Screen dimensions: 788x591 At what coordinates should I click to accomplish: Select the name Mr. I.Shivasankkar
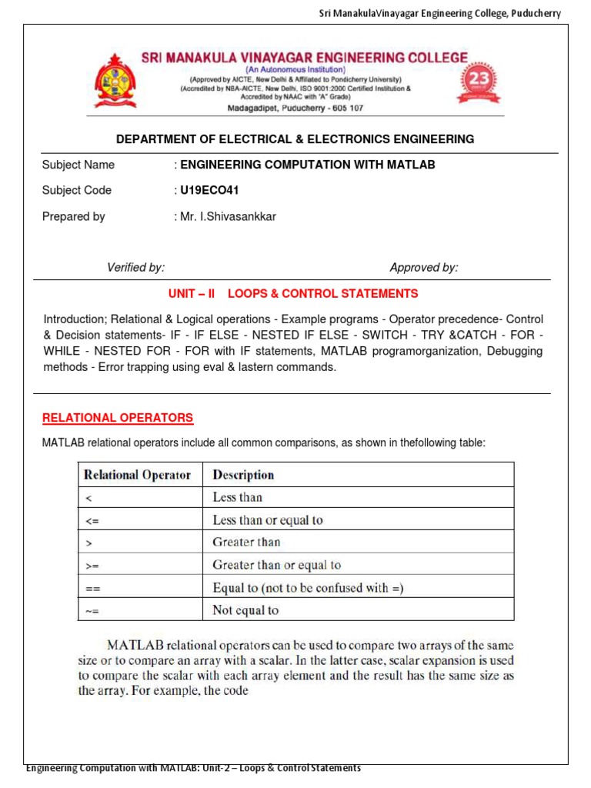(228, 217)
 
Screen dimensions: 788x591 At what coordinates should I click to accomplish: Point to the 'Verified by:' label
(135, 268)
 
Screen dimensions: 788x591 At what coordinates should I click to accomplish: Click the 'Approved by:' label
(423, 268)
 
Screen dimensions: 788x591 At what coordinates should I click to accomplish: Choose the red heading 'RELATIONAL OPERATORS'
(118, 418)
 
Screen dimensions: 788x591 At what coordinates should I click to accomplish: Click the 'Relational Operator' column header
(137, 475)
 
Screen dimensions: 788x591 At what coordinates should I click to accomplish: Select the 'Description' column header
(243, 475)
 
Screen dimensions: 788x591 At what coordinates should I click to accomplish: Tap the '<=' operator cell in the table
(92, 520)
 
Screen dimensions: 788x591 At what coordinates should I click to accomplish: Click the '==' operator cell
(92, 589)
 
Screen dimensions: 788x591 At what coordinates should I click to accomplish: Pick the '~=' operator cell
(92, 611)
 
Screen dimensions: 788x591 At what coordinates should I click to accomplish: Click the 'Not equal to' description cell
(245, 611)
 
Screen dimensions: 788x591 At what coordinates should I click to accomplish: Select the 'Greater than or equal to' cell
(276, 566)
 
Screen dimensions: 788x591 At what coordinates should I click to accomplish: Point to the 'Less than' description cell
(237, 497)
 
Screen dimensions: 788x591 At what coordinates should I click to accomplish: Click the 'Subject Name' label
(78, 165)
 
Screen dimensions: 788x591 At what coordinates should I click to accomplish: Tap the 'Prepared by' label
(74, 217)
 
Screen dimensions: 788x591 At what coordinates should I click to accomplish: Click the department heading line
(295, 139)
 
